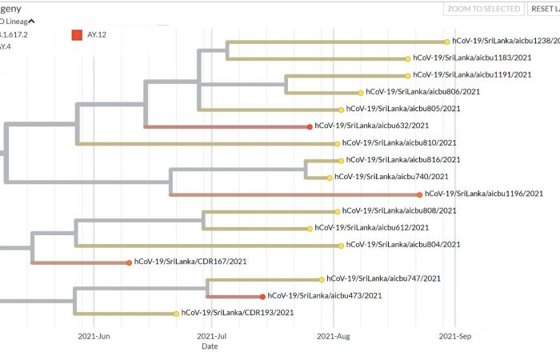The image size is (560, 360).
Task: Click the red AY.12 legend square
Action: point(77,34)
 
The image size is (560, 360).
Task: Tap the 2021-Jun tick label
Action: point(94,337)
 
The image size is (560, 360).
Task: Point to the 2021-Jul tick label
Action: point(212,337)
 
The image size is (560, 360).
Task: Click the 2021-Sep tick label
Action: point(455,337)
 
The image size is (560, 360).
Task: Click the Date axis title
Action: point(209,346)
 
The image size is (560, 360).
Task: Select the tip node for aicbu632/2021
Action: point(310,126)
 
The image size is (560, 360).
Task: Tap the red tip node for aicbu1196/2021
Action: point(420,194)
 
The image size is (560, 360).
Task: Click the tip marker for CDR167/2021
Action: point(129,262)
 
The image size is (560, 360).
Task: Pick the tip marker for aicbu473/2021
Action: point(262,296)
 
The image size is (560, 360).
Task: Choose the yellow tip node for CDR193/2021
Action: point(176,313)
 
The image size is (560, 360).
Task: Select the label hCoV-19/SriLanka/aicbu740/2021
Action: point(391,177)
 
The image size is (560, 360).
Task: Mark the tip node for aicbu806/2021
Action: point(361,92)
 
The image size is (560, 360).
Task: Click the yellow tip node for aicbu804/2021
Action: point(341,245)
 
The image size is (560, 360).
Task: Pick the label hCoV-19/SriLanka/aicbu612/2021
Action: point(372,228)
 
